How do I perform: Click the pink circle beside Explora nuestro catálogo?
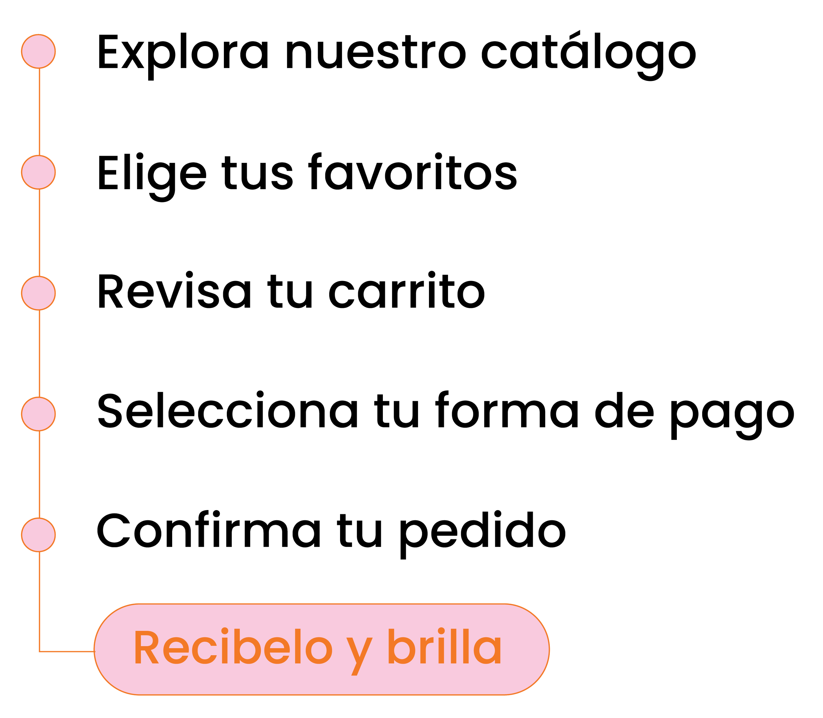[39, 51]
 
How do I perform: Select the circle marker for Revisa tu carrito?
[39, 293]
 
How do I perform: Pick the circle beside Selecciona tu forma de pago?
[39, 414]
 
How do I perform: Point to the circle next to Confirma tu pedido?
[39, 535]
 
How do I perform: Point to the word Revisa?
[175, 292]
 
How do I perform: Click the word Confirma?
[209, 531]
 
